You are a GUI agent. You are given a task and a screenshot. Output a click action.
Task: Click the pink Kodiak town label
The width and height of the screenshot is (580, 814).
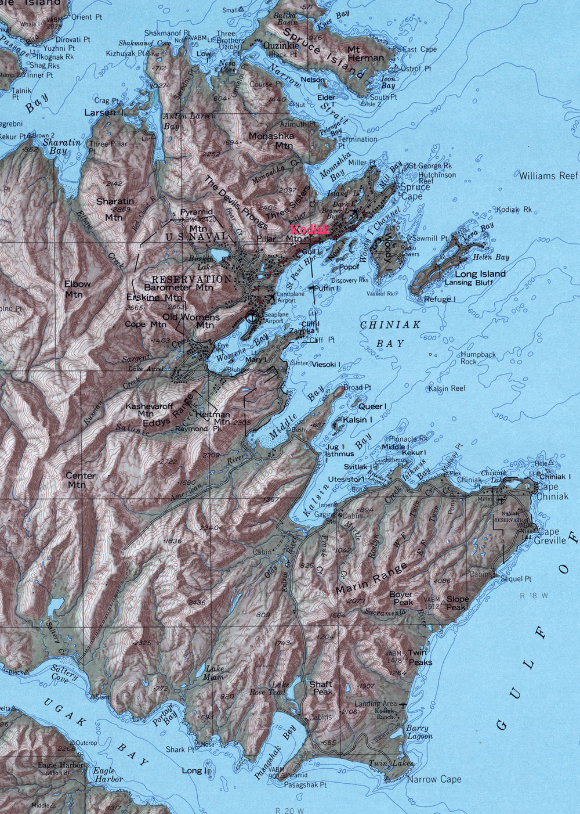pos(309,229)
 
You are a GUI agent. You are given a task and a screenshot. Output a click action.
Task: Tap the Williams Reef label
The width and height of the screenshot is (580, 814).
pos(548,175)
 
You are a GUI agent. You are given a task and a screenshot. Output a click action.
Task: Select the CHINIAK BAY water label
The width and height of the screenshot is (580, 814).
pos(390,334)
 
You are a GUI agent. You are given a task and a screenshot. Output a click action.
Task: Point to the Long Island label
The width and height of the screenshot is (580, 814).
pos(480,273)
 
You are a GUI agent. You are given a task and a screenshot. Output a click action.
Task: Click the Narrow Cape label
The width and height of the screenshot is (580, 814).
pos(434,779)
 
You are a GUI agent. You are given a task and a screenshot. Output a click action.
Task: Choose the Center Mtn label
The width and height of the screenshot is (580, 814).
pos(81,480)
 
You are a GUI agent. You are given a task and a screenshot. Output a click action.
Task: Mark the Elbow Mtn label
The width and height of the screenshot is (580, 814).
pos(77,289)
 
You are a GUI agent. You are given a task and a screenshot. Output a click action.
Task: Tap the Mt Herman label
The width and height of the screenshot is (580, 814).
pos(365,53)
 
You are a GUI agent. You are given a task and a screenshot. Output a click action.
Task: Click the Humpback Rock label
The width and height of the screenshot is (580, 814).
pos(477,358)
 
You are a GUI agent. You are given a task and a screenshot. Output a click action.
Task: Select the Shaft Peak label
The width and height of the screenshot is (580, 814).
pos(321,688)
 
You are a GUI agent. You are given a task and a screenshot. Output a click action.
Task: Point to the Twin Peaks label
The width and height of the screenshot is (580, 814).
pos(419,657)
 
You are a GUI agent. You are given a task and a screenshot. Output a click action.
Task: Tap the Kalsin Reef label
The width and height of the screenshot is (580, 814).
pos(447,388)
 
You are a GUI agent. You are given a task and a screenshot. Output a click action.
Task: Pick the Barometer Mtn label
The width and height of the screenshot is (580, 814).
pos(179,287)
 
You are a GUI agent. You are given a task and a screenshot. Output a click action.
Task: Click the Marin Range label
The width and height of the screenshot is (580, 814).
pos(371,577)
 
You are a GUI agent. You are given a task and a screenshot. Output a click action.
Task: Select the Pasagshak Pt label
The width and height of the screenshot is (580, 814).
pos(305,784)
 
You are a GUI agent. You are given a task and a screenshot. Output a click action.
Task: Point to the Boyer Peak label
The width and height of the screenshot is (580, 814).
pos(401,598)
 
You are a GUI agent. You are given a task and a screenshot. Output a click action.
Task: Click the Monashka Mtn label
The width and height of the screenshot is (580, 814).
pos(271,141)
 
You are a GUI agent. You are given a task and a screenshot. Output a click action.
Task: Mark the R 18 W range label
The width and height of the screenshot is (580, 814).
pos(534,596)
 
